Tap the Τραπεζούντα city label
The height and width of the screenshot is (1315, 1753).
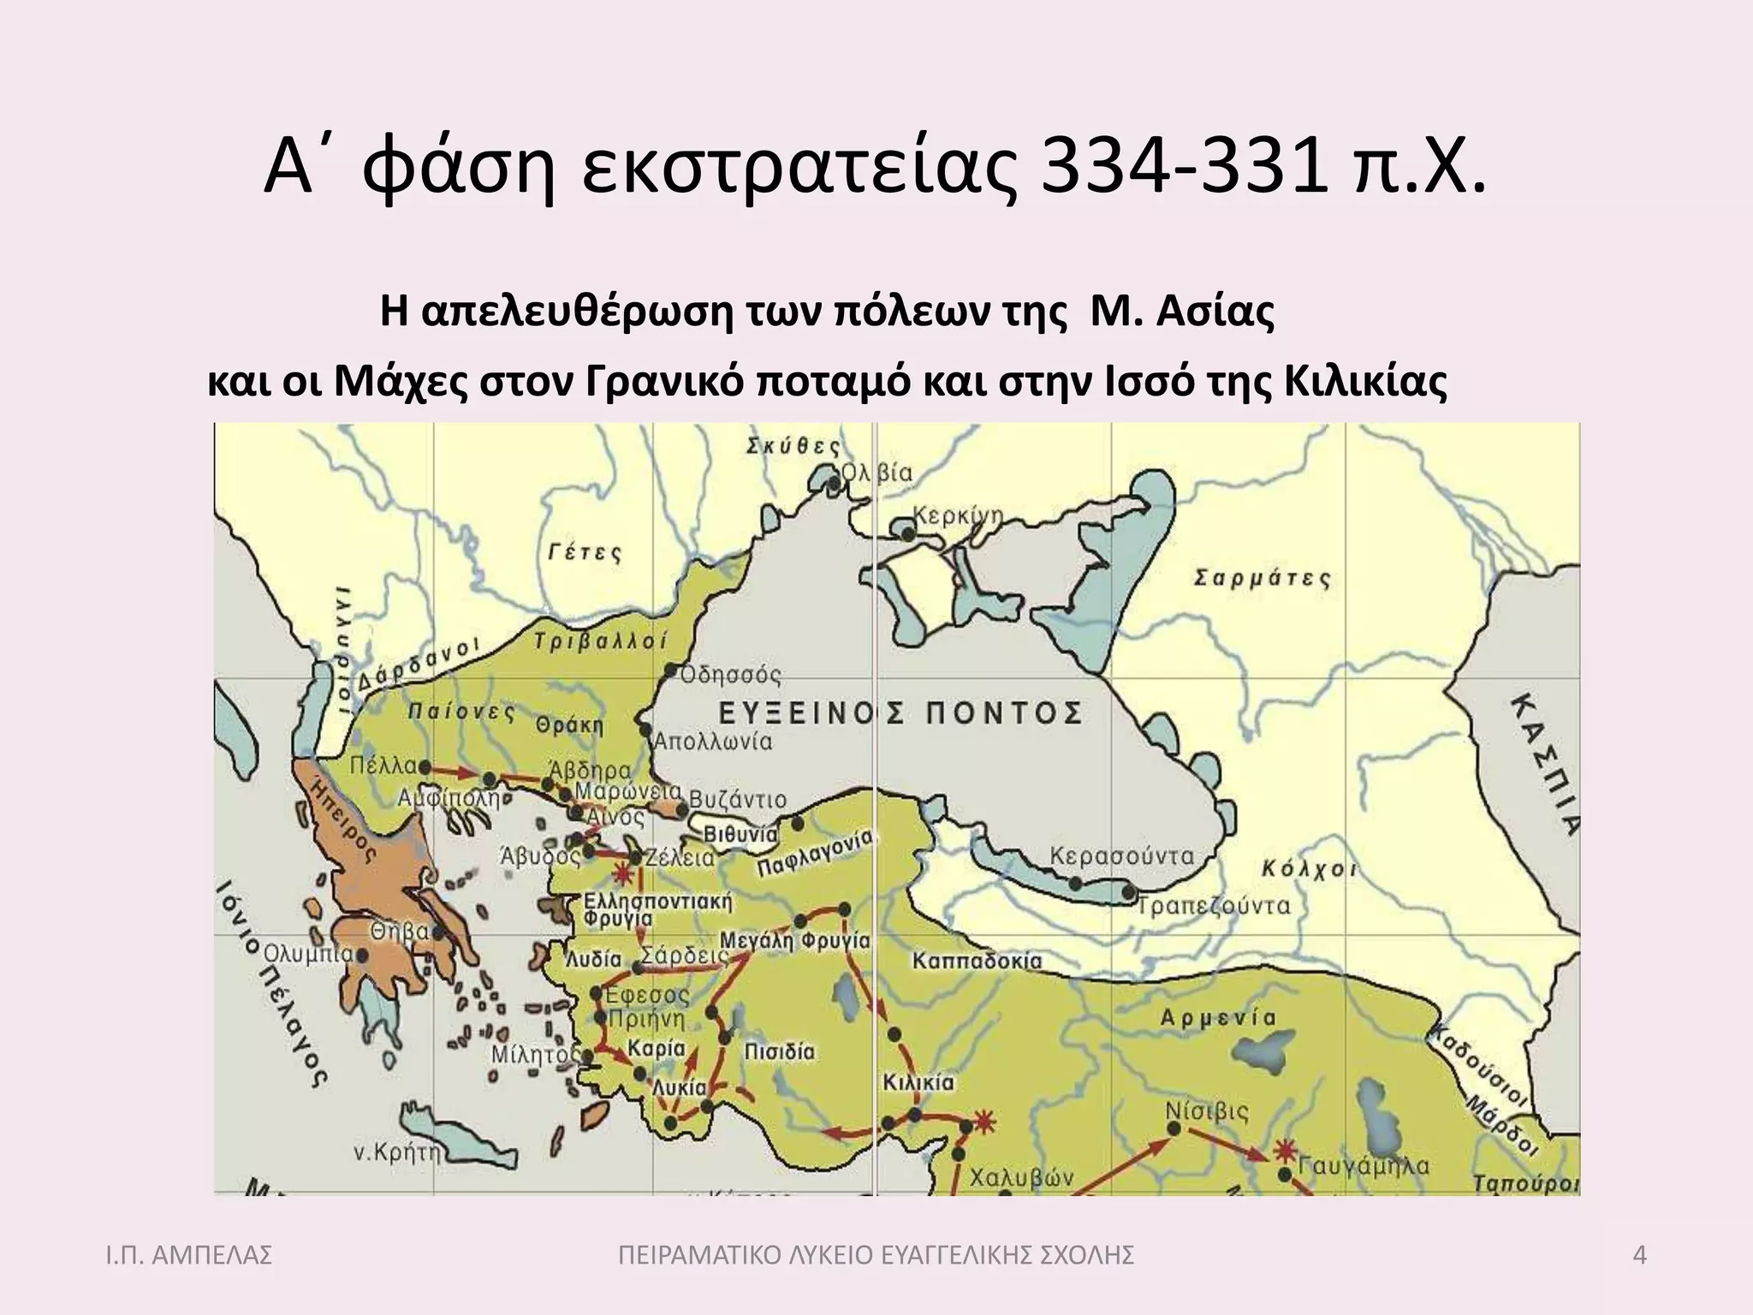point(1214,906)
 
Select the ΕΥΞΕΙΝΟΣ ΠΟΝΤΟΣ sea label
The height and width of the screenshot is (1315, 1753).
point(899,712)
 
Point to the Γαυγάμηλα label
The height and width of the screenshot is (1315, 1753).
point(1364,1165)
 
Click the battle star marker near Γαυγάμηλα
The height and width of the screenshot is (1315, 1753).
point(1284,1150)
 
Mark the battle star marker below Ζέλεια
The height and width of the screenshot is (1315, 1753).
point(622,875)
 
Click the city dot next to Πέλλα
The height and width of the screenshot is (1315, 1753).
point(425,768)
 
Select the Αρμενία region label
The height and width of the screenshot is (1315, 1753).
point(1218,1018)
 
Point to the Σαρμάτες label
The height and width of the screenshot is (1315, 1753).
point(1263,578)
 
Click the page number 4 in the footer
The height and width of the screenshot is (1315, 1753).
point(1640,1256)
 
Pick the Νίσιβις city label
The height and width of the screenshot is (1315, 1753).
point(1207,1111)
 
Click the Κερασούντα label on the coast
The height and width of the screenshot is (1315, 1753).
point(1121,855)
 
